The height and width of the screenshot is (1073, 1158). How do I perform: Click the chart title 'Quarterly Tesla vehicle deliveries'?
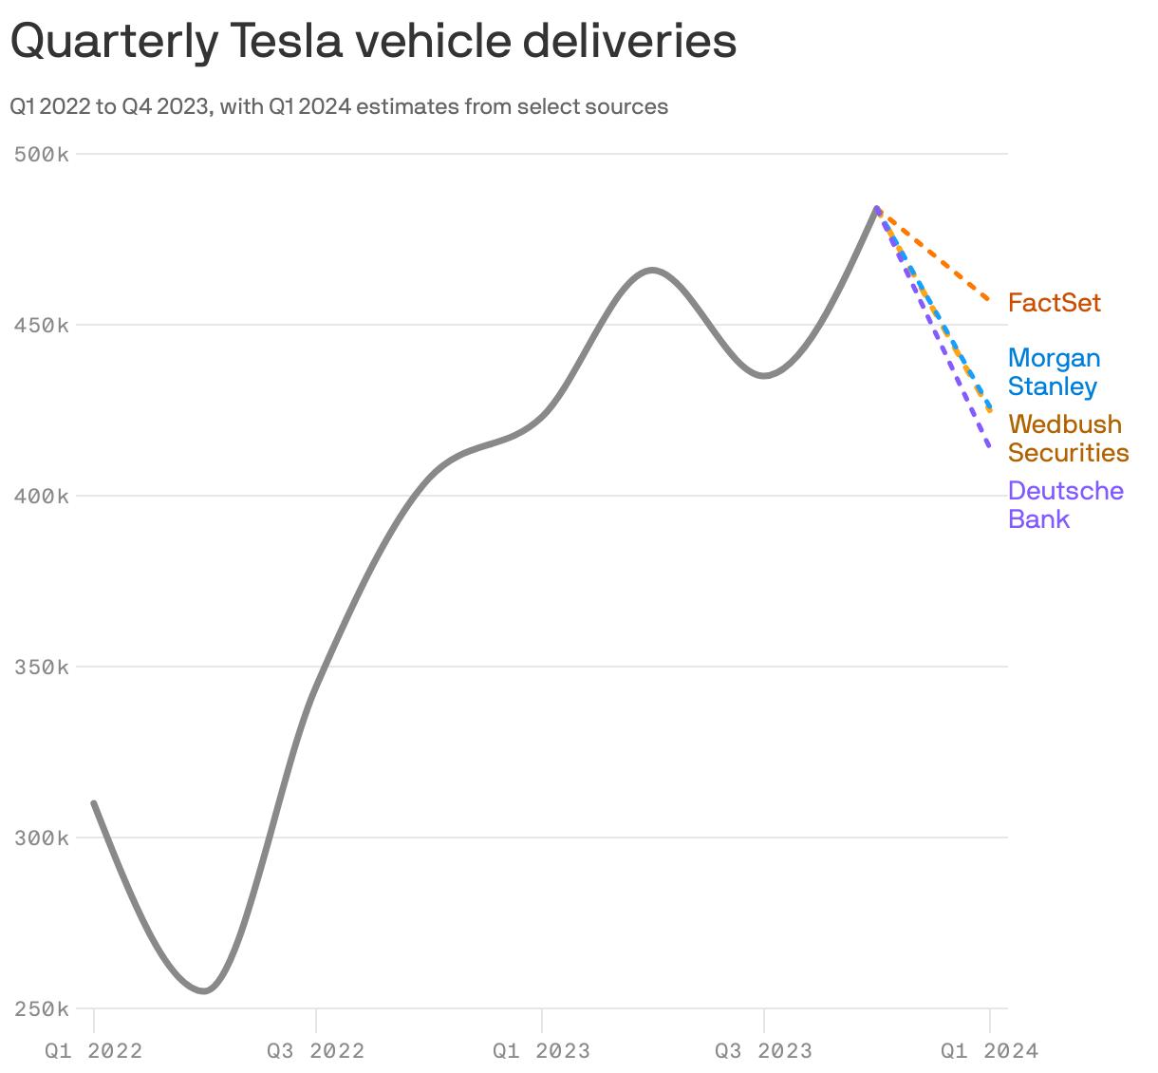pyautogui.click(x=373, y=42)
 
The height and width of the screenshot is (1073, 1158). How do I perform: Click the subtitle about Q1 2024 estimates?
pyautogui.click(x=339, y=106)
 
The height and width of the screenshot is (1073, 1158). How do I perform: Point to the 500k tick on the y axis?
pyautogui.click(x=42, y=154)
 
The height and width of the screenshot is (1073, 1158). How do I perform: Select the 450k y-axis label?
pyautogui.click(x=42, y=325)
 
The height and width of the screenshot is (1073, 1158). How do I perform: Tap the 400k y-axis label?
pyautogui.click(x=42, y=496)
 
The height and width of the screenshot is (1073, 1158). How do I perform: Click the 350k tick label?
pyautogui.click(x=42, y=667)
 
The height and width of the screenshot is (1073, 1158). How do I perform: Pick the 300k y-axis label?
pyautogui.click(x=42, y=838)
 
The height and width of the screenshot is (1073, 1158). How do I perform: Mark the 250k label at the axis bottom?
pyautogui.click(x=42, y=1008)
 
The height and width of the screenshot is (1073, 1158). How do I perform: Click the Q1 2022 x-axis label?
pyautogui.click(x=94, y=1050)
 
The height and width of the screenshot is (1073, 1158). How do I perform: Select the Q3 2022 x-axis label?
pyautogui.click(x=316, y=1050)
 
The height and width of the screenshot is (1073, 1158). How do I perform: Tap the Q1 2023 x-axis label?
pyautogui.click(x=541, y=1050)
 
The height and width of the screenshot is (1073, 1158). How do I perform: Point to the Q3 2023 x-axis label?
pyautogui.click(x=763, y=1050)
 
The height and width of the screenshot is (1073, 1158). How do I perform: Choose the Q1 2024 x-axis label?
pyautogui.click(x=989, y=1050)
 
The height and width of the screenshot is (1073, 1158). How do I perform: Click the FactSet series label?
pyautogui.click(x=1054, y=303)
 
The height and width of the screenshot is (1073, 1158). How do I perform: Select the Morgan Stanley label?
pyautogui.click(x=1054, y=372)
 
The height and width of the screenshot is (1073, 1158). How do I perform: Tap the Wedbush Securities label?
pyautogui.click(x=1068, y=439)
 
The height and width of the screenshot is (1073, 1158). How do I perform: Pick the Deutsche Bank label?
pyautogui.click(x=1065, y=505)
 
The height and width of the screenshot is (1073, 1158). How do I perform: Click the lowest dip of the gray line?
pyautogui.click(x=204, y=991)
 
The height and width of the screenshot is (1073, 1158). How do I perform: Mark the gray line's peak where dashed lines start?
pyautogui.click(x=877, y=208)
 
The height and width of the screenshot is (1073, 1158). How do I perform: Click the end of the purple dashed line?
pyautogui.click(x=989, y=447)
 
